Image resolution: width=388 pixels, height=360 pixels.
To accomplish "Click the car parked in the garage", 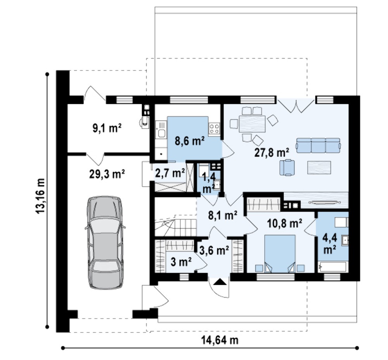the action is [x=105, y=242].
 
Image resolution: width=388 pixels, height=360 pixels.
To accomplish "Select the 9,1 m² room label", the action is [x=107, y=128].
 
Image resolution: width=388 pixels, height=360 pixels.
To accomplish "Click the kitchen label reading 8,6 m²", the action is [x=190, y=141].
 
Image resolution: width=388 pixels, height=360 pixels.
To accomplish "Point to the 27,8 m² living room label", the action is [x=272, y=152].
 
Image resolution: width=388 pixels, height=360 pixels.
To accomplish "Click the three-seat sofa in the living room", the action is [x=318, y=146].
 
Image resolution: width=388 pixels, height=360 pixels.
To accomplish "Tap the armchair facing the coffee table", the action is [x=287, y=167].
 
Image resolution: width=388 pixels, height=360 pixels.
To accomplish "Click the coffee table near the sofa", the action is [x=319, y=167].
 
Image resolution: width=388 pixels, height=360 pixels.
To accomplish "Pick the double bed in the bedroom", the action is [x=280, y=253].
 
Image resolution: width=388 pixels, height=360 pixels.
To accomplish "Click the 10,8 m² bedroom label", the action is [x=284, y=224].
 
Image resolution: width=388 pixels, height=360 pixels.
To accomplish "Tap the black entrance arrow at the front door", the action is [x=220, y=282].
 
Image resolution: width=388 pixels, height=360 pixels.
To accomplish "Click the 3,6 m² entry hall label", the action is [x=214, y=251].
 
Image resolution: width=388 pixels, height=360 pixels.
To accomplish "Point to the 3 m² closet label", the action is [x=181, y=262].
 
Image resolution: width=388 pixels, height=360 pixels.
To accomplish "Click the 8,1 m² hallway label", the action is [x=223, y=215].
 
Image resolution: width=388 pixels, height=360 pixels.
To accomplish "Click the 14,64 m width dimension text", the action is [x=220, y=340].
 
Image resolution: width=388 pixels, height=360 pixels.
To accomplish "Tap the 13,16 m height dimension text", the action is [x=40, y=196].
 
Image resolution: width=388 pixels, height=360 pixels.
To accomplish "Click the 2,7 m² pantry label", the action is [x=170, y=173].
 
